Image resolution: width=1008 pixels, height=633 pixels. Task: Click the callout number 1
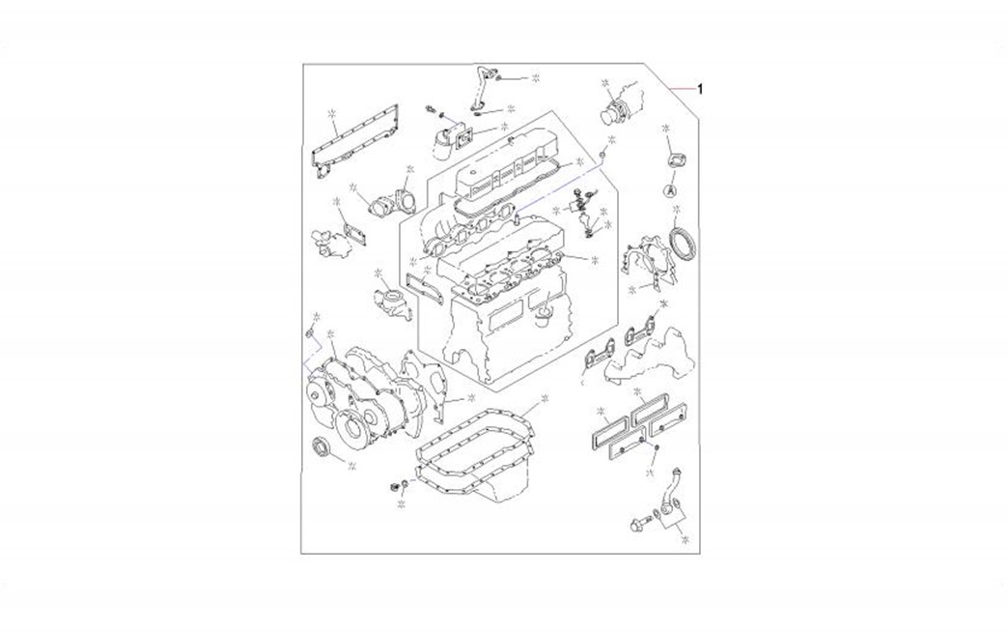tap(700, 89)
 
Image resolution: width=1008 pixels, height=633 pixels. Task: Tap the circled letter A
tap(670, 190)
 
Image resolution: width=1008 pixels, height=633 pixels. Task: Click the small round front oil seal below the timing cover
tap(321, 447)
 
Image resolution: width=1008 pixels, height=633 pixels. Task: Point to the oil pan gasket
tap(475, 444)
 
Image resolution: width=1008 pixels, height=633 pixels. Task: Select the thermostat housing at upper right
tap(620, 105)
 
